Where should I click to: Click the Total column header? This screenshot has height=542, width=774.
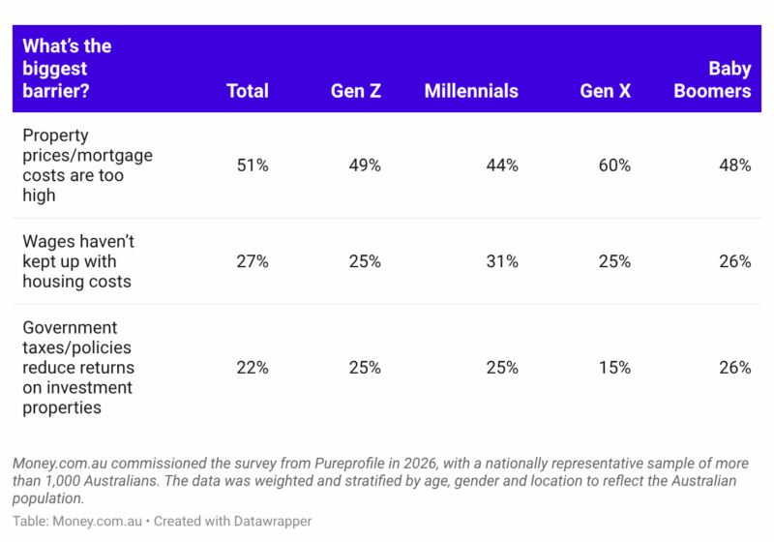(248, 91)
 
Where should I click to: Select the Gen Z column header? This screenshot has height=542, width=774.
(356, 91)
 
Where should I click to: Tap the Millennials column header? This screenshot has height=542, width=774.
(471, 91)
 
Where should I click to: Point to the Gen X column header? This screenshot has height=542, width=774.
(606, 91)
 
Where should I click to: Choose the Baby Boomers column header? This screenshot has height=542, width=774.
(712, 79)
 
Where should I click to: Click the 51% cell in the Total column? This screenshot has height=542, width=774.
(253, 165)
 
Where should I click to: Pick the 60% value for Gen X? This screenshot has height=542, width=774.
(614, 165)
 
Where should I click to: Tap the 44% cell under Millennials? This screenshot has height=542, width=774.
(502, 165)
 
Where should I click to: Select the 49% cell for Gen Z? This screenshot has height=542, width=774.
(365, 165)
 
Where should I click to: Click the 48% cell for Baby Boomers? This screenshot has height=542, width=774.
(735, 165)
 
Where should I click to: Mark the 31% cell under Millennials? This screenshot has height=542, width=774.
(502, 261)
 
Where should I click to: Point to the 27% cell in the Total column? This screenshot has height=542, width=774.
(253, 261)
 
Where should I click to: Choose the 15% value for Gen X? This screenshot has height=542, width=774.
(614, 367)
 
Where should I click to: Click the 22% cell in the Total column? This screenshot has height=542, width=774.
(253, 367)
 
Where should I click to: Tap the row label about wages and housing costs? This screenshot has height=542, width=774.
(78, 261)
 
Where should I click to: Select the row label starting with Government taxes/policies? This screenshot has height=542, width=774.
(78, 367)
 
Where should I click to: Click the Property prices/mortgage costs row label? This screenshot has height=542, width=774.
(87, 165)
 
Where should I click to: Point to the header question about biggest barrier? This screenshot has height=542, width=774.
(67, 68)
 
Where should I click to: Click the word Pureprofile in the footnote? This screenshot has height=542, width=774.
(349, 463)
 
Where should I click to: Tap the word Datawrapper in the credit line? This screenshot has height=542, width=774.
(273, 521)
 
